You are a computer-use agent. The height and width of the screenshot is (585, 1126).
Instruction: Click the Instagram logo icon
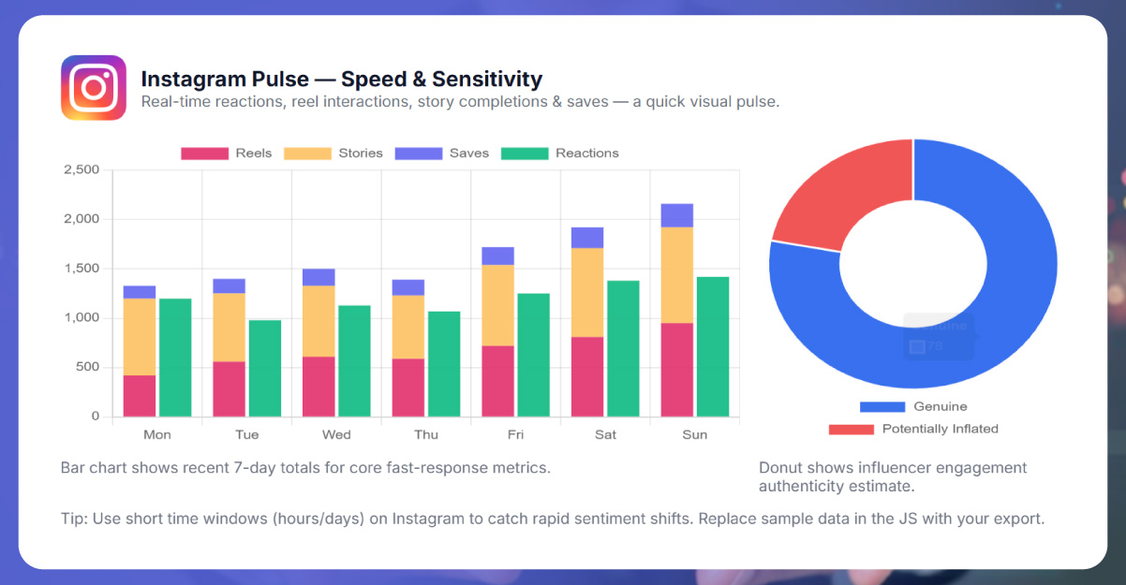coord(94,88)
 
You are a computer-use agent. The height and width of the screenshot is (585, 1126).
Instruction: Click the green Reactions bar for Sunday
coord(712,346)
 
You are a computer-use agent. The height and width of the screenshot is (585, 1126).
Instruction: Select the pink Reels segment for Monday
coord(140,395)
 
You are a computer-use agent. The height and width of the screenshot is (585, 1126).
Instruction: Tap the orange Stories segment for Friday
coord(498,305)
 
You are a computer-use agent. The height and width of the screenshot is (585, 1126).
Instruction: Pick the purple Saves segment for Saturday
coord(587,237)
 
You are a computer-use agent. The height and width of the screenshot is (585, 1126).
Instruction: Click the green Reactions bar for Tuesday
coord(264,368)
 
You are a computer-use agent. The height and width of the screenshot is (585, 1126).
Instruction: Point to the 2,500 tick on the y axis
coord(81,170)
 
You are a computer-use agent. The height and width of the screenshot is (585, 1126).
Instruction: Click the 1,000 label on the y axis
coord(81,318)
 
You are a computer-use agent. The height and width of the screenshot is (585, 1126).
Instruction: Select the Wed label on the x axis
coord(336,435)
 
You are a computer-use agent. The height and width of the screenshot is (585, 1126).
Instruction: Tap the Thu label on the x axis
coord(426,435)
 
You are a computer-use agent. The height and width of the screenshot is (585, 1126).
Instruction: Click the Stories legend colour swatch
coord(308,154)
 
